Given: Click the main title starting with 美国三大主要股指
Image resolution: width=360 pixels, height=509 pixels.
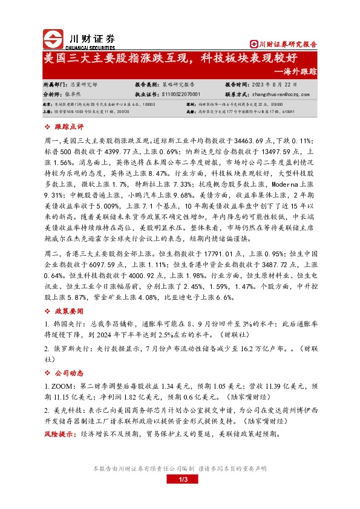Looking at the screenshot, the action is coord(170,59).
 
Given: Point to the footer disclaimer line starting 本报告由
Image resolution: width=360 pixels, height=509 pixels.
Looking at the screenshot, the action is coord(179,468).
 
